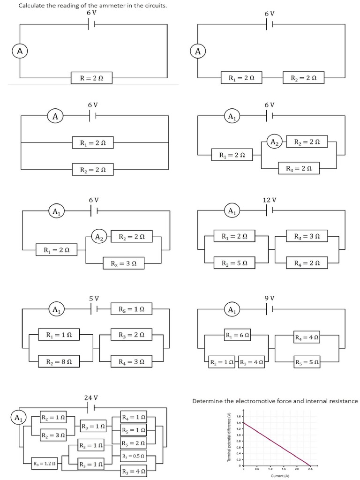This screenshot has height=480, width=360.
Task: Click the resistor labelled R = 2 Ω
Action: [91, 78]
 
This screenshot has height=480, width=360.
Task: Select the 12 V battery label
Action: [270, 200]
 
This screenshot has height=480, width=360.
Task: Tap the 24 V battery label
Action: [90, 397]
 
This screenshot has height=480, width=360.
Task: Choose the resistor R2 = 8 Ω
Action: [59, 362]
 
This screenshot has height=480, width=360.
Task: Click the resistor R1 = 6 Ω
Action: [237, 335]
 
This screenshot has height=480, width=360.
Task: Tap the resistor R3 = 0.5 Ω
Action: [133, 456]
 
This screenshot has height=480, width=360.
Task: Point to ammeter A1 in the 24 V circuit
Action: [18, 417]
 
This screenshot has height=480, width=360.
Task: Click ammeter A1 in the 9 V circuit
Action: [232, 310]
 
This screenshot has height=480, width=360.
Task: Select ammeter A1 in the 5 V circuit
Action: [56, 310]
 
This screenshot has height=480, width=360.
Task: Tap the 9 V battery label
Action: [270, 298]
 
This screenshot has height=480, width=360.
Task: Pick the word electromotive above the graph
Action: [256, 401]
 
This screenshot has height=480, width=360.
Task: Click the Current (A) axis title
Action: [279, 476]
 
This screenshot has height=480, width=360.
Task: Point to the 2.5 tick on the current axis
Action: [310, 469]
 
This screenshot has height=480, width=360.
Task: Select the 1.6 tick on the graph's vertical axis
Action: [239, 416]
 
